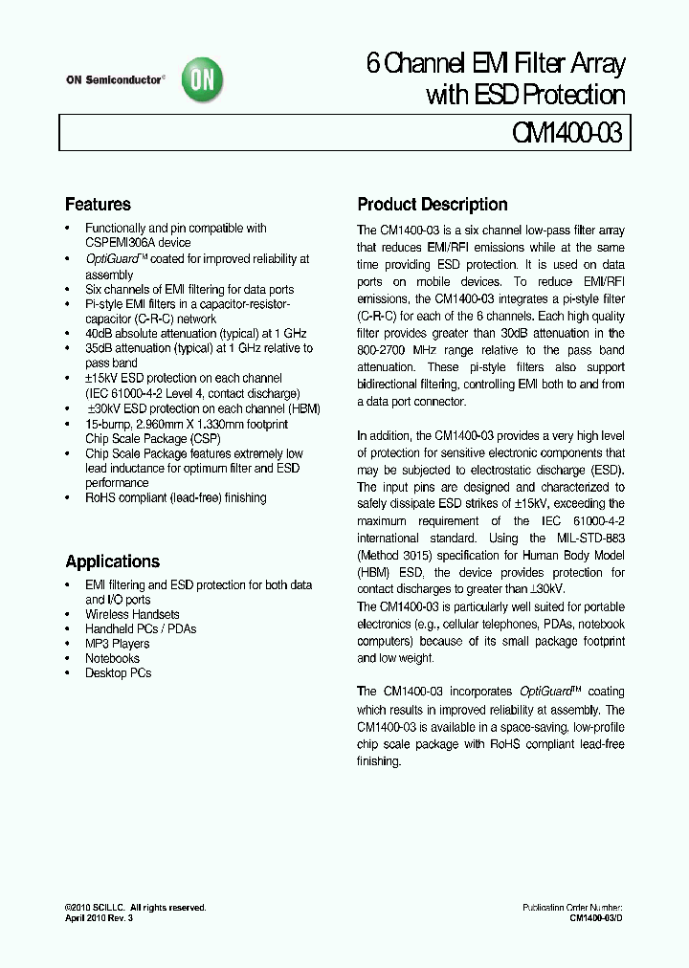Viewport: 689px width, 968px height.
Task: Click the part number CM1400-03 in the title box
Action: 563,133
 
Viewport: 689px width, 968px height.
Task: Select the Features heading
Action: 98,205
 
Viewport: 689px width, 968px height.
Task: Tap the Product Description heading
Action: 432,205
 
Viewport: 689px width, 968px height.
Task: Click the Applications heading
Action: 112,561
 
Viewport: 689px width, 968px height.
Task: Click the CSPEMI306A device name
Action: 138,243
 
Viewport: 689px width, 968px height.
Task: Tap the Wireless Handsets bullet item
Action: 132,614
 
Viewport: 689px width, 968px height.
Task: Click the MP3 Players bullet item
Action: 117,644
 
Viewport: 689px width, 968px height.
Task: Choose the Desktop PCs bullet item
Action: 118,672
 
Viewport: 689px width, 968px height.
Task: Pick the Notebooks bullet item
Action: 112,658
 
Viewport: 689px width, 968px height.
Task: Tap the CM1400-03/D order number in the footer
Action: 596,918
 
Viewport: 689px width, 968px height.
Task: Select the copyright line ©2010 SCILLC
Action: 135,908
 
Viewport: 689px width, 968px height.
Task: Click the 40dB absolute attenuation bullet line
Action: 195,333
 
